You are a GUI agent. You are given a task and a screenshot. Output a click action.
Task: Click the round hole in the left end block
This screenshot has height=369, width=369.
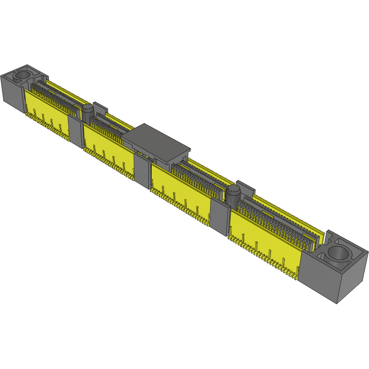[x=22, y=76]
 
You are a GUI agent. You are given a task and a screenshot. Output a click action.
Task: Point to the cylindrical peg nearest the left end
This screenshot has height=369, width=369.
[x=88, y=114]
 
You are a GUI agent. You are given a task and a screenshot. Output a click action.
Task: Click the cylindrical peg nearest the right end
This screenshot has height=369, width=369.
[x=234, y=195]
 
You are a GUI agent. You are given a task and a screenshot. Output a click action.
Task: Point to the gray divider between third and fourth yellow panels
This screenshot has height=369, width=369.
[x=219, y=218]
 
